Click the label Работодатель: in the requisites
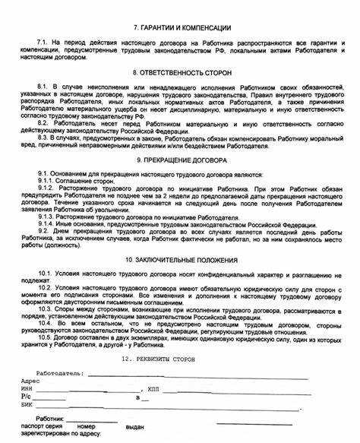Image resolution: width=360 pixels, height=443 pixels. tap(58, 374)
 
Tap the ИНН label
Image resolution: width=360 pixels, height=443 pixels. tap(29, 388)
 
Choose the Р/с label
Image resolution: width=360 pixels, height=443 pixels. tap(27, 397)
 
